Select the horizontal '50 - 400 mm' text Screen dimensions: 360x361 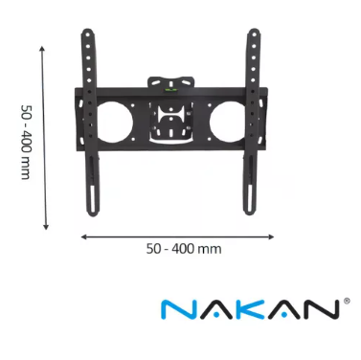point(183,249)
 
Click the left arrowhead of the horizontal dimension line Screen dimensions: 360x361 point(83,235)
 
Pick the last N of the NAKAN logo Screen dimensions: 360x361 point(322,309)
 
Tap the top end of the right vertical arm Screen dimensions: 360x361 point(255,36)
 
